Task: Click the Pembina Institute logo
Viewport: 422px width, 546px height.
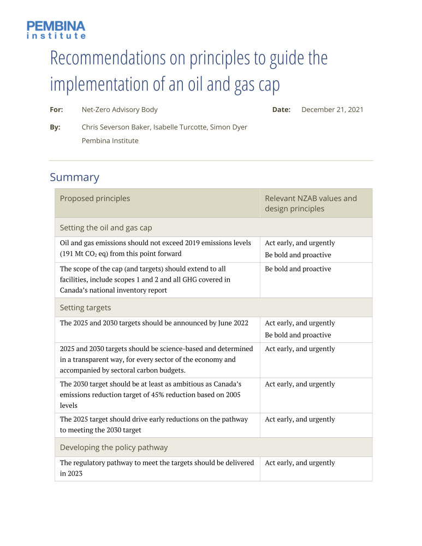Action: (x=56, y=29)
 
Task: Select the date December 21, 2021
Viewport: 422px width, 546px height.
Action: (x=332, y=110)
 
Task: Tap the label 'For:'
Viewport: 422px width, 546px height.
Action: (x=56, y=110)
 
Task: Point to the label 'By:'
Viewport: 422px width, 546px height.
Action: (x=55, y=127)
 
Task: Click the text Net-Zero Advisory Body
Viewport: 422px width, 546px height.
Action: (x=120, y=110)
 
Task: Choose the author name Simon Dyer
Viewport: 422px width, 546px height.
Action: (x=229, y=127)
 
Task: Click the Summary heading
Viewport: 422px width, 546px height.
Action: (x=74, y=177)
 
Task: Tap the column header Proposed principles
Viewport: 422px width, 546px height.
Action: (x=95, y=199)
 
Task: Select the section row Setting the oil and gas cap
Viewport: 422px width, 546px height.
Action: (x=106, y=228)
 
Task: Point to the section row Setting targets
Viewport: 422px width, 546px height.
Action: (x=85, y=308)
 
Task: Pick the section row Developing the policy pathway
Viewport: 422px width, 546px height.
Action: (x=114, y=448)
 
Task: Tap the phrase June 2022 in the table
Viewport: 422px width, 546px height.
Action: (x=231, y=323)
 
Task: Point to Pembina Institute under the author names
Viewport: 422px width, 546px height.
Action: (x=110, y=141)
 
